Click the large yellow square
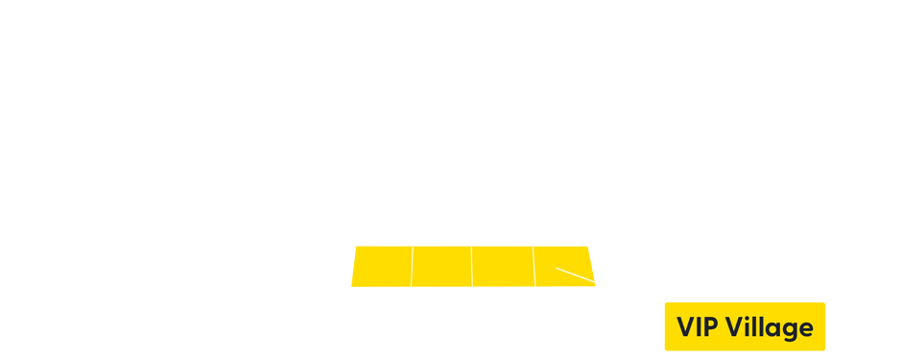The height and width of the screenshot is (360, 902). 265,256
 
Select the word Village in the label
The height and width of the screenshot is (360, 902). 770,328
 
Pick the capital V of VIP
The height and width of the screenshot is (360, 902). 686,327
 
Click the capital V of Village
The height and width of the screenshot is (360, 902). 735,327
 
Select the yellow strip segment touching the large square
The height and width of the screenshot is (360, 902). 382,266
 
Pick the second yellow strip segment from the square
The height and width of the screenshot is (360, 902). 441,266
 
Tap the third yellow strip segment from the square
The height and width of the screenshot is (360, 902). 503,266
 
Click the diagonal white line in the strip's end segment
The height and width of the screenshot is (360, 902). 575,276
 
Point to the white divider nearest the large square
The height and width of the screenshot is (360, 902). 412,266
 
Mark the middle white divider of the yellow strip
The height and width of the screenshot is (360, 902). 471,266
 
